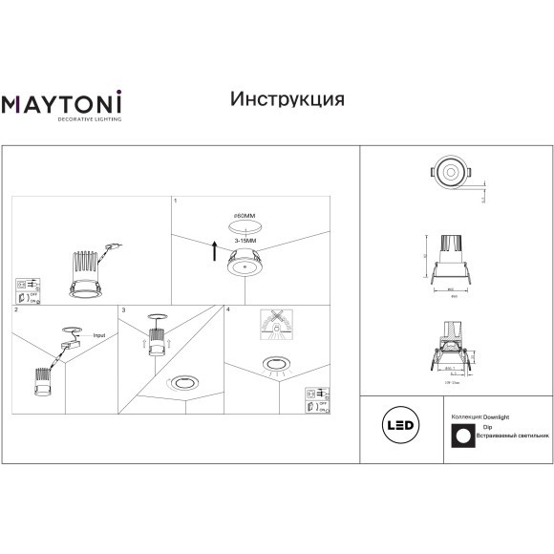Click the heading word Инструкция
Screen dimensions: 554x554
tap(288, 98)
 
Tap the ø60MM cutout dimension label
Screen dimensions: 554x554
tap(245, 217)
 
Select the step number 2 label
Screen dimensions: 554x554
tap(16, 311)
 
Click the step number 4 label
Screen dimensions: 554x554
tap(227, 310)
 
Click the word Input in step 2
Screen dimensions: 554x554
tap(99, 336)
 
